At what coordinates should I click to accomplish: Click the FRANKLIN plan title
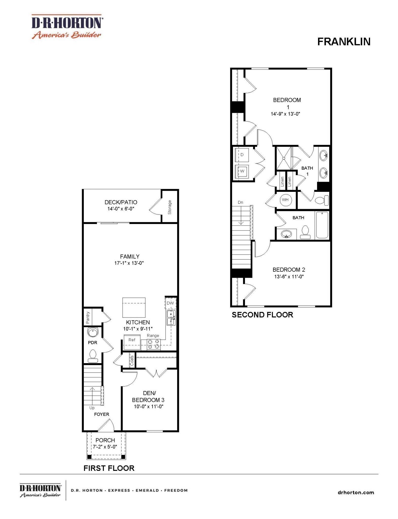(x=344, y=42)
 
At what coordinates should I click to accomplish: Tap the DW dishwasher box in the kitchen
(x=170, y=303)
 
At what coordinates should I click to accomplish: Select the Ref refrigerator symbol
(x=132, y=342)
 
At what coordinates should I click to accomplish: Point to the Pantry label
(x=88, y=318)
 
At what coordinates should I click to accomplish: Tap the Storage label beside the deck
(x=170, y=207)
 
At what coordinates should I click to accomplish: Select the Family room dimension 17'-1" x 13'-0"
(x=129, y=263)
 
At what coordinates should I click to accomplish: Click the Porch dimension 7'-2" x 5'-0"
(x=105, y=447)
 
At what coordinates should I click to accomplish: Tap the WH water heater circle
(x=285, y=200)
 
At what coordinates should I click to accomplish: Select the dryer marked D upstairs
(x=242, y=155)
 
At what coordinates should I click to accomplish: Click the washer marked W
(x=242, y=172)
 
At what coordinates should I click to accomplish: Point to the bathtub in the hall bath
(x=322, y=225)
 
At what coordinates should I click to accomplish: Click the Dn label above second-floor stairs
(x=240, y=202)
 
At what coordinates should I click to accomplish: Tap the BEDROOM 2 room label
(x=289, y=270)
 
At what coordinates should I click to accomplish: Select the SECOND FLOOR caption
(x=262, y=315)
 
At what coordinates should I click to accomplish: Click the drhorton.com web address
(x=356, y=492)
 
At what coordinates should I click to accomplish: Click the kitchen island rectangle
(x=134, y=307)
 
